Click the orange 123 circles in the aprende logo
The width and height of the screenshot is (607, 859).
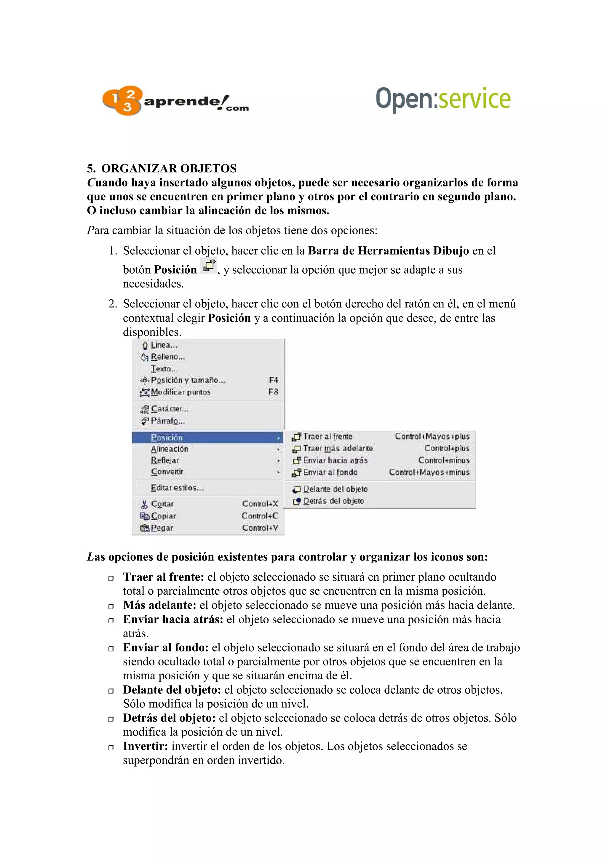pos(122,100)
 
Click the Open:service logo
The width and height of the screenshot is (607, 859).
pos(443,99)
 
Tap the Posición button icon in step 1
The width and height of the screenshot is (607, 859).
pos(209,266)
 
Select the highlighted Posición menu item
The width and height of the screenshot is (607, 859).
pos(167,438)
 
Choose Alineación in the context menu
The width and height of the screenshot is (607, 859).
pos(170,449)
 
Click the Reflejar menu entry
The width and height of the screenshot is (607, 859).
pos(165,460)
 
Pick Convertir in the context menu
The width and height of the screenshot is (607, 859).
pos(167,472)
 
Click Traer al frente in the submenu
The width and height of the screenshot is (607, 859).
pos(327,436)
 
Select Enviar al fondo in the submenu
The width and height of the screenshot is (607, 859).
pos(330,472)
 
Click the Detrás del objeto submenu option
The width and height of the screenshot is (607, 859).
pos(333,501)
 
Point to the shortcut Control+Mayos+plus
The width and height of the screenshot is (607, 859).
pos(432,436)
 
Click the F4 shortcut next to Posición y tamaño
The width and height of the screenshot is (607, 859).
pos(273,380)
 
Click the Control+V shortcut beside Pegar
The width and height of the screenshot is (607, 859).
pos(260,528)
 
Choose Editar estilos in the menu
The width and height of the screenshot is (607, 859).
pos(177,488)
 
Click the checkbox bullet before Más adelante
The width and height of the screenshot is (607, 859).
pos(111,606)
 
